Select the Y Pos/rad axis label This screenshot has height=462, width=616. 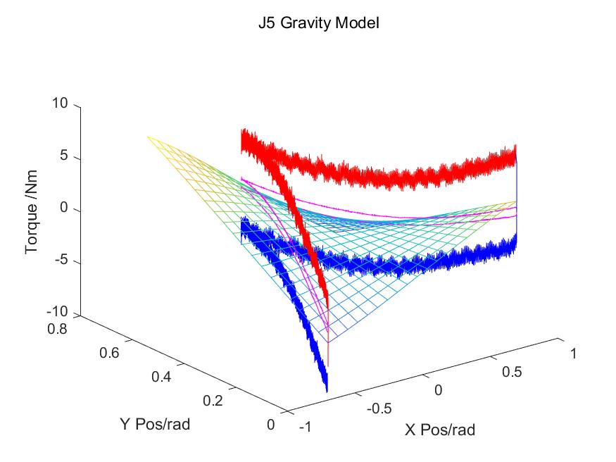[x=153, y=425]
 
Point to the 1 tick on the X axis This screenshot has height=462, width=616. [x=573, y=354]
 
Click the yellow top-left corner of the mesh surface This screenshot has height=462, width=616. [x=149, y=137]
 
